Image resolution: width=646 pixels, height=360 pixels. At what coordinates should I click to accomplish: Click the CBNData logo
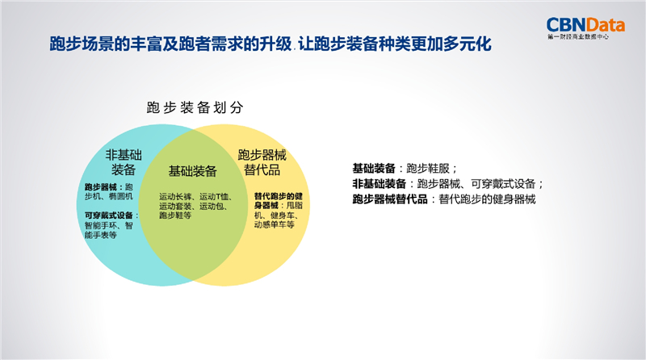(585, 27)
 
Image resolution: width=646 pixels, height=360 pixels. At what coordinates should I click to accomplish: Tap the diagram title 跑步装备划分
(195, 107)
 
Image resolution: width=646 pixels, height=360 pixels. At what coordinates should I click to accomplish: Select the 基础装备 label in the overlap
(192, 171)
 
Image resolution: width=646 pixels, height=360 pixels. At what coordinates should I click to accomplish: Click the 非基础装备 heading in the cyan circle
(124, 162)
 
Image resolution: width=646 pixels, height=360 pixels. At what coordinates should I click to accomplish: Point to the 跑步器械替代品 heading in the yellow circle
(262, 162)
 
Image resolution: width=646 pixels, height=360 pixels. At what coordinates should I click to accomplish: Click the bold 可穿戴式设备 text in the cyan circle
(109, 216)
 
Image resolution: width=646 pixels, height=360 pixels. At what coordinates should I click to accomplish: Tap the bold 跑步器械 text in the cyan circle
(100, 187)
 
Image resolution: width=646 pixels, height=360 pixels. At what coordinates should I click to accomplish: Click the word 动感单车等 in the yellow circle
(275, 225)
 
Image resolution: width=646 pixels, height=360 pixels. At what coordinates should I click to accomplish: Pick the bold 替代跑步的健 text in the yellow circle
(279, 196)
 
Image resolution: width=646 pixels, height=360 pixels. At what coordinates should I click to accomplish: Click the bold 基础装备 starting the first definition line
(374, 169)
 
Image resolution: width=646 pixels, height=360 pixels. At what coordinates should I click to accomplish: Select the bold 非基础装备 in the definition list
(379, 184)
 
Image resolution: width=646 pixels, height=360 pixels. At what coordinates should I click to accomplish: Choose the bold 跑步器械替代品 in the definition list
(390, 199)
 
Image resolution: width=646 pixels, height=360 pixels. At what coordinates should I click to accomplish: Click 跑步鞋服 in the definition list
(428, 169)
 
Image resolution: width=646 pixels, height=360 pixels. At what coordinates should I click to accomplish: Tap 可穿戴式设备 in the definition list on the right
(503, 184)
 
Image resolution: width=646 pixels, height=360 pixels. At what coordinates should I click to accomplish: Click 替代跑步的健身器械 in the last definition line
(488, 199)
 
